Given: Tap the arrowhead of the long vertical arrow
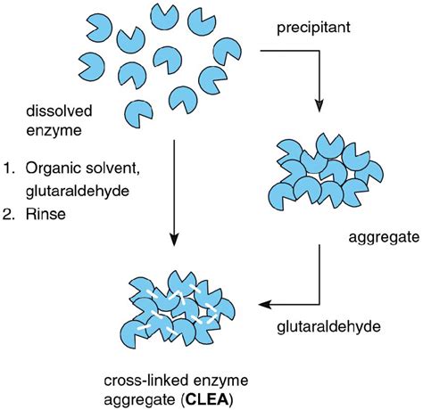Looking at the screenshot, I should pyautogui.click(x=174, y=241).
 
